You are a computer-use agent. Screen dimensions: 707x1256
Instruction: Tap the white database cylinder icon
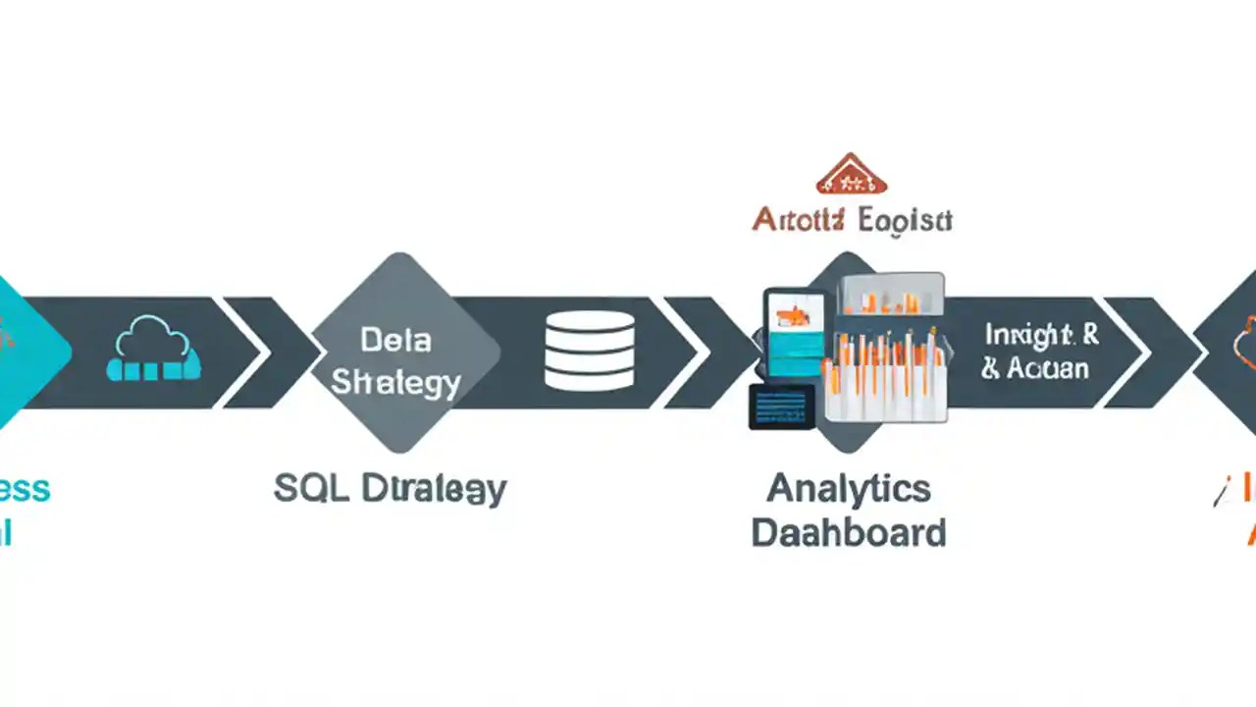(589, 352)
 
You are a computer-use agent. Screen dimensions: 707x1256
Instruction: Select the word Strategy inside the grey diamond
(395, 383)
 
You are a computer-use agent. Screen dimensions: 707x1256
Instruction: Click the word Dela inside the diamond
(395, 341)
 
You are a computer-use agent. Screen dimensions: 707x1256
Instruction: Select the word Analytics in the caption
(848, 488)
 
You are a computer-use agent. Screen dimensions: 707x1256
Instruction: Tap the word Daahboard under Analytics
(848, 533)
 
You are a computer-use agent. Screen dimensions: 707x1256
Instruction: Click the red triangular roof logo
(851, 174)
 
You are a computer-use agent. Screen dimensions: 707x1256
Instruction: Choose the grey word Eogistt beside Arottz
(904, 219)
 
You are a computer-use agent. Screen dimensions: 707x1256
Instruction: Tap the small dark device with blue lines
(782, 406)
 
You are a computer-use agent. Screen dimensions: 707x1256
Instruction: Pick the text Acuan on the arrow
(1048, 369)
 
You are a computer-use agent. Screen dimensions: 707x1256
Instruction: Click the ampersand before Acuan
(991, 369)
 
